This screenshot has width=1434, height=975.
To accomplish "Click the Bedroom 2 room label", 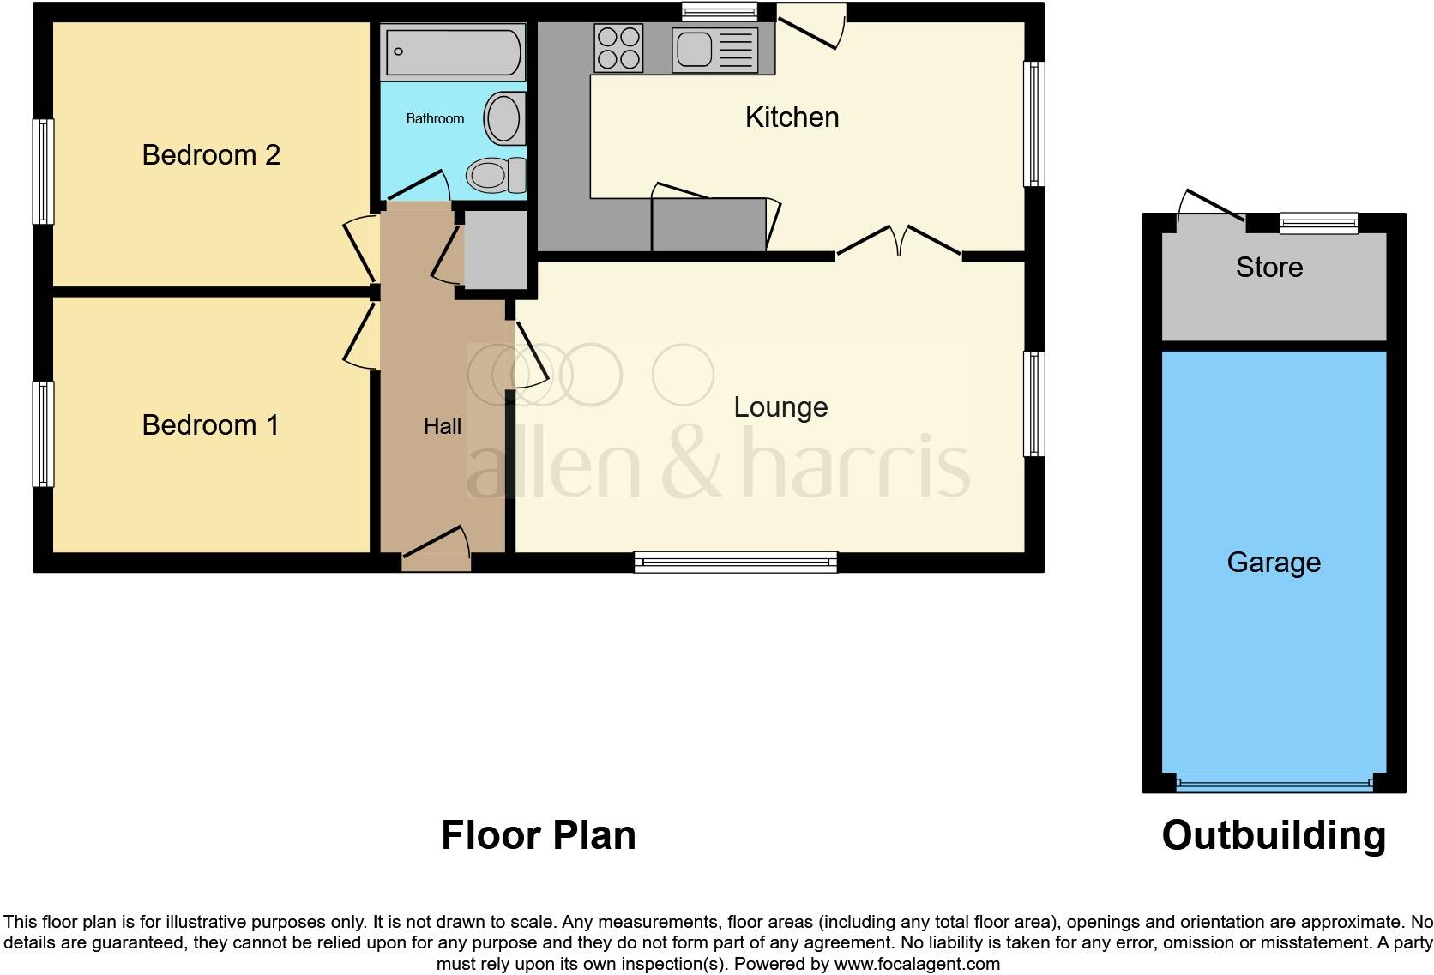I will coord(211,155).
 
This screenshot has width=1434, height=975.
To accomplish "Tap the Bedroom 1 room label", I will coord(210,425).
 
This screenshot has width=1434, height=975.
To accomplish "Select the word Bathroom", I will coord(435,119).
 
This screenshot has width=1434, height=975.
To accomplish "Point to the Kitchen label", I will coord(792,117).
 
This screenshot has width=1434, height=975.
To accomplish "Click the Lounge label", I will coord(780,407).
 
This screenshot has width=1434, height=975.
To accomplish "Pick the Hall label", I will coord(443,426).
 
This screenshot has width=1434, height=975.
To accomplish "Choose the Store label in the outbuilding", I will coord(1269,268).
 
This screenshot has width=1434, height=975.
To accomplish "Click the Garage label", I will coord(1274,563).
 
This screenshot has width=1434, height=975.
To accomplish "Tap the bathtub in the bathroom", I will coord(453,51).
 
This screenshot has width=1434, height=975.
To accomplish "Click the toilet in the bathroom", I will coord(496,175).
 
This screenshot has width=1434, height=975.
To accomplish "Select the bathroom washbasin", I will coord(504,119).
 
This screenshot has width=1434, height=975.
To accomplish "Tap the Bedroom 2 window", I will coord(43,172).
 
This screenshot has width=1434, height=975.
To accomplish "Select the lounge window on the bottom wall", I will coord(736,563).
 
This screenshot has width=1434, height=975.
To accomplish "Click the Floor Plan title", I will coord(539,835).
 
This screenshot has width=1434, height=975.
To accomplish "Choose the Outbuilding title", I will coord(1274,835).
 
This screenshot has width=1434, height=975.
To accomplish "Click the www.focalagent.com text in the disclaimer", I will coord(917,964).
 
